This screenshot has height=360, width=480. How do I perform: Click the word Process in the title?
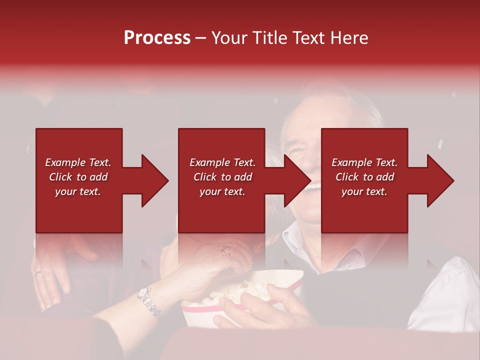click(157, 38)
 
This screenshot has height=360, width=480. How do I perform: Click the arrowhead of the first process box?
click(154, 180)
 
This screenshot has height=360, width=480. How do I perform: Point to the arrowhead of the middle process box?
click(297, 180)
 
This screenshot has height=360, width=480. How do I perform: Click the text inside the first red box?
click(78, 177)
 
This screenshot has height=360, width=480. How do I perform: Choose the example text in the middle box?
click(222, 177)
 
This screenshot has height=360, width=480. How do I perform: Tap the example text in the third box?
click(364, 177)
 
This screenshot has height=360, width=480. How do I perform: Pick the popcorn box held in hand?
click(210, 312)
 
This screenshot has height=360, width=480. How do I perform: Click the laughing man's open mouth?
click(314, 187)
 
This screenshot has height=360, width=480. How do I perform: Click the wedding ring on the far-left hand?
click(38, 273)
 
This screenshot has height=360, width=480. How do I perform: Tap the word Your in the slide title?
click(228, 38)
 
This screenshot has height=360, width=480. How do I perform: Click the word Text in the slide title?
click(308, 38)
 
